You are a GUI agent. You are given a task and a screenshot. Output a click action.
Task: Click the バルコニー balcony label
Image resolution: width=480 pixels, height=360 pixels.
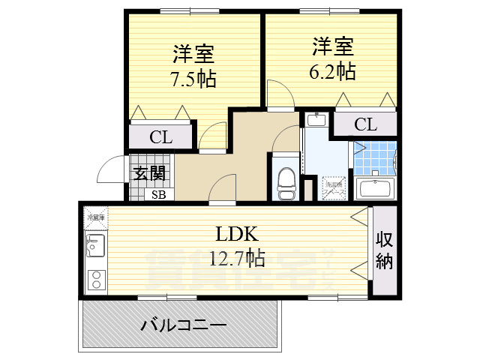(x=184, y=325)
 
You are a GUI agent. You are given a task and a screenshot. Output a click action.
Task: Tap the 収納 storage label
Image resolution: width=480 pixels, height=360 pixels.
(x=385, y=251)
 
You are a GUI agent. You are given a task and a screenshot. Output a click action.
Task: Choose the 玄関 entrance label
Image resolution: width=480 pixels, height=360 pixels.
(x=149, y=173)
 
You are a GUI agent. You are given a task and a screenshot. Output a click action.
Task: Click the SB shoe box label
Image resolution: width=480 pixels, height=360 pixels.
(x=159, y=195)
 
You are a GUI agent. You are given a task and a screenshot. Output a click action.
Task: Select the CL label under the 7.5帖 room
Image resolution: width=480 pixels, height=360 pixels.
(x=160, y=137)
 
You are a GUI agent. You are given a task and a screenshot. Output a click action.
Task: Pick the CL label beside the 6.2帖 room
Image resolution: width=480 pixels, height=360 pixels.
(x=364, y=124)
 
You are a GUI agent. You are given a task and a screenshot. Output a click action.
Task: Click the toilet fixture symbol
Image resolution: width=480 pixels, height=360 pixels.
(x=286, y=181)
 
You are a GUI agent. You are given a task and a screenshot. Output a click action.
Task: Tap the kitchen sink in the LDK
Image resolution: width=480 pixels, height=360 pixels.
(x=95, y=244)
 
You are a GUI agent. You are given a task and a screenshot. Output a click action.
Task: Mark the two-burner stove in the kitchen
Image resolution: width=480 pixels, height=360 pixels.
(x=96, y=280)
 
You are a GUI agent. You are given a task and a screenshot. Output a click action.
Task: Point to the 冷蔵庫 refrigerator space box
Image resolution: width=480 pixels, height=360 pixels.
(x=96, y=217)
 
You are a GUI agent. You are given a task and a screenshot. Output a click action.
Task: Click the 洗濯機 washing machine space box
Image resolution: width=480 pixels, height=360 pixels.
(x=332, y=188)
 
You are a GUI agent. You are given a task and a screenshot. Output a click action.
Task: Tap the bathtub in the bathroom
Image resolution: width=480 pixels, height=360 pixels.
(x=375, y=188)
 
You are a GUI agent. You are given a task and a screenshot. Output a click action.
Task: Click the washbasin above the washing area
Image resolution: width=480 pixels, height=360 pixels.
(x=316, y=120)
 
